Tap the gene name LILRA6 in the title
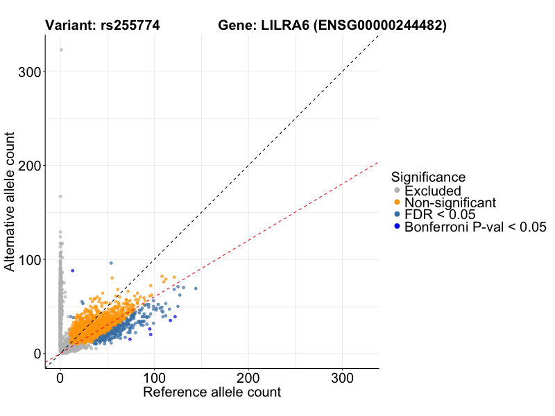284,26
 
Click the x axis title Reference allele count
212,392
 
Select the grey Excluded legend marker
397,191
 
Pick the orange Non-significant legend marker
397,202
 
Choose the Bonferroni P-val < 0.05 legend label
476,227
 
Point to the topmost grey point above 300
61,50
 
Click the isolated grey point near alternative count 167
60,196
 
